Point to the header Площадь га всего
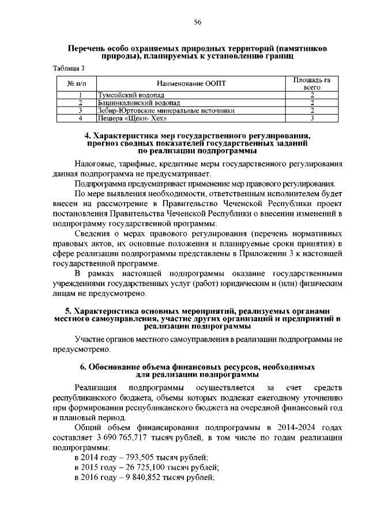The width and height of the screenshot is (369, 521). point(311,83)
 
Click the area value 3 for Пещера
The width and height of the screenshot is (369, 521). point(311,119)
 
